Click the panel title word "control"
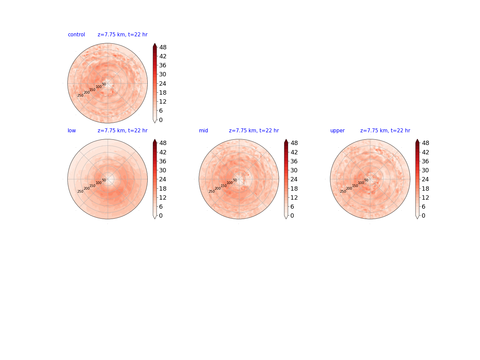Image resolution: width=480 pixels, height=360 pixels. coord(76,35)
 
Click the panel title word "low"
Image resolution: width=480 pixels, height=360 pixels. coord(72,130)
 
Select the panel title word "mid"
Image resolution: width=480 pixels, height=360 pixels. coord(203,130)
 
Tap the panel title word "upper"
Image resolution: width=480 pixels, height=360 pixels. coord(337,131)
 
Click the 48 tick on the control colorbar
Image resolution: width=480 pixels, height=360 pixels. coord(163,47)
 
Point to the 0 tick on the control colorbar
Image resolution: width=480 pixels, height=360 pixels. coord(161,120)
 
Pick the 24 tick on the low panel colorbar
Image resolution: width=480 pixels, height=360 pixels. coord(163,179)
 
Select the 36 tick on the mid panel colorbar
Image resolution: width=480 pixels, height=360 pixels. coord(294,161)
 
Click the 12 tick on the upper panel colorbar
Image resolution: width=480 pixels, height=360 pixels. coord(425,197)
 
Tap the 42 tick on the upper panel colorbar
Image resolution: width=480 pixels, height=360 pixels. coord(425,152)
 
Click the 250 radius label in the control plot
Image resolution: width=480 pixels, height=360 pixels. coord(80,96)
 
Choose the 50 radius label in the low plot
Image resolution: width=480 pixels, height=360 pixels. coord(104,180)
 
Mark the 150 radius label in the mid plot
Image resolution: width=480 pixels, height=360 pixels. coord(224,186)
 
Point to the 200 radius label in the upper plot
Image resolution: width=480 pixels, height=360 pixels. coord(349,188)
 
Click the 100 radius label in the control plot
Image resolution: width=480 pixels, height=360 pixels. coord(99,87)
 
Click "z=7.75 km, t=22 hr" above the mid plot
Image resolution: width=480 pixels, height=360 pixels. coord(254,130)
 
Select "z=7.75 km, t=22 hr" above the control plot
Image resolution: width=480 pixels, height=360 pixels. coord(122,35)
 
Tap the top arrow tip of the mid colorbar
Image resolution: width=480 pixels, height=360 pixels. coord(286,139)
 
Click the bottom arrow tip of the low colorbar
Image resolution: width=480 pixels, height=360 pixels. coord(155,219)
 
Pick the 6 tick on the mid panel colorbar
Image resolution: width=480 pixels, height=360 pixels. coord(292,207)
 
